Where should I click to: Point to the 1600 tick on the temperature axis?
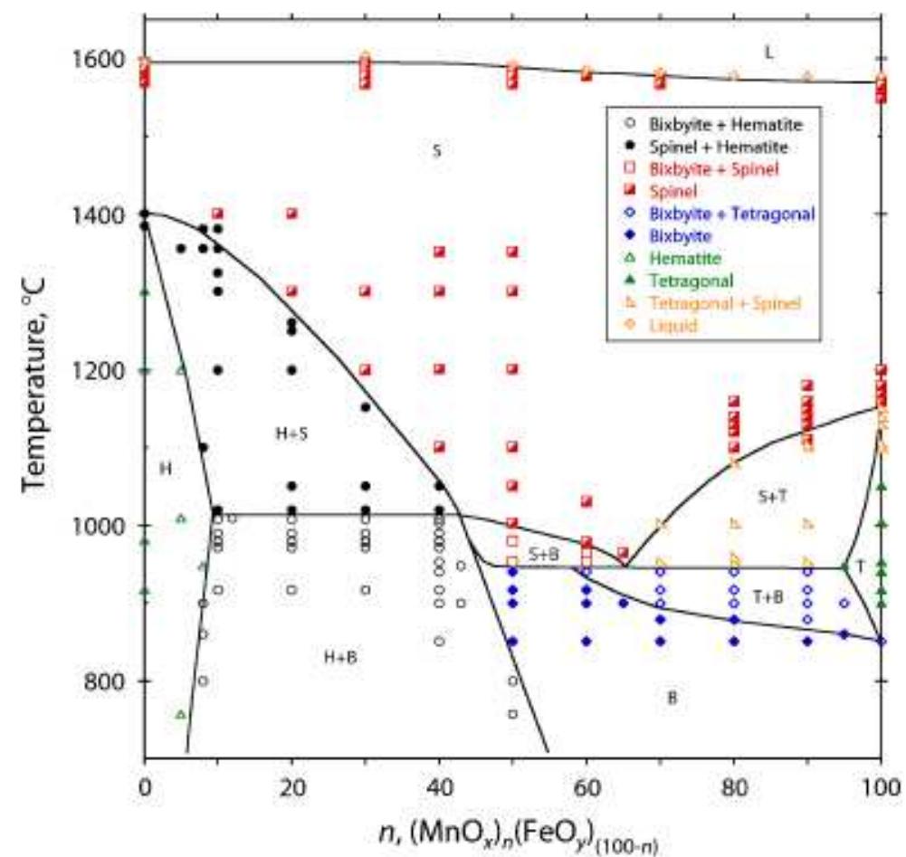click(99, 60)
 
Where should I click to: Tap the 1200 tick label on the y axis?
click(99, 370)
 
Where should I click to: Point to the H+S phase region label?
click(291, 434)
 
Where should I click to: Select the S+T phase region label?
click(773, 496)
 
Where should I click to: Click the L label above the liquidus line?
click(768, 52)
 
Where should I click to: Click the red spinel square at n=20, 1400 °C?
click(291, 214)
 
